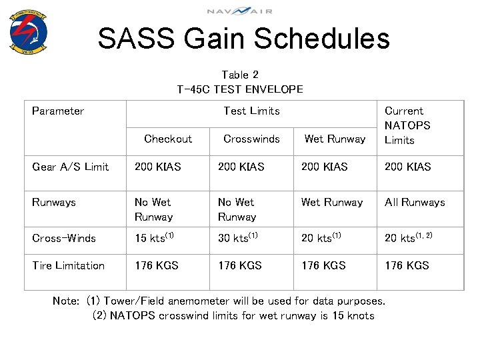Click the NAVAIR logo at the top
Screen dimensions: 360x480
coord(239,11)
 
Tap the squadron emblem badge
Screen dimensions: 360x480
coord(29,31)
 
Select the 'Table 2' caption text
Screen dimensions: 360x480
coord(239,75)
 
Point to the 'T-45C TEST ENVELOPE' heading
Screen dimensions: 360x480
coord(239,89)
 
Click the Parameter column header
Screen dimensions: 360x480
coord(58,111)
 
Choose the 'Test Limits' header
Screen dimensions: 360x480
coord(251,111)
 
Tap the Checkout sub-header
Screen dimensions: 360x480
coord(168,139)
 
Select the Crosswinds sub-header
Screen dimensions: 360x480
coord(251,139)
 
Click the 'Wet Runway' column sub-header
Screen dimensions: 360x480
coord(335,139)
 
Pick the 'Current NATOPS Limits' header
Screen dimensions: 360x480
coord(407,125)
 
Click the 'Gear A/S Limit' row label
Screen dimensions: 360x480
coord(70,167)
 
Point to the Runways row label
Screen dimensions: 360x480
coord(54,202)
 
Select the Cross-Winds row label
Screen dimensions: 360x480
coord(64,238)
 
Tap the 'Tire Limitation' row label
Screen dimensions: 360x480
coord(68,265)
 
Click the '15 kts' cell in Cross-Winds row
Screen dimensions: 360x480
coord(154,238)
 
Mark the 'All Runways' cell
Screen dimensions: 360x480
coord(415,202)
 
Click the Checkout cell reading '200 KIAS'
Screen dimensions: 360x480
coord(157,167)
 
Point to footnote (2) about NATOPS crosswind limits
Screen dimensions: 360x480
coord(233,315)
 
